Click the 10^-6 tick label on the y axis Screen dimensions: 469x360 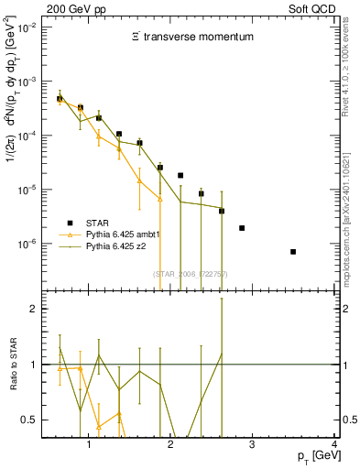[x=27, y=245]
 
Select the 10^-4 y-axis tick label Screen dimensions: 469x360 [x=27, y=136]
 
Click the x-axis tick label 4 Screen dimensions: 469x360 [x=334, y=444]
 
